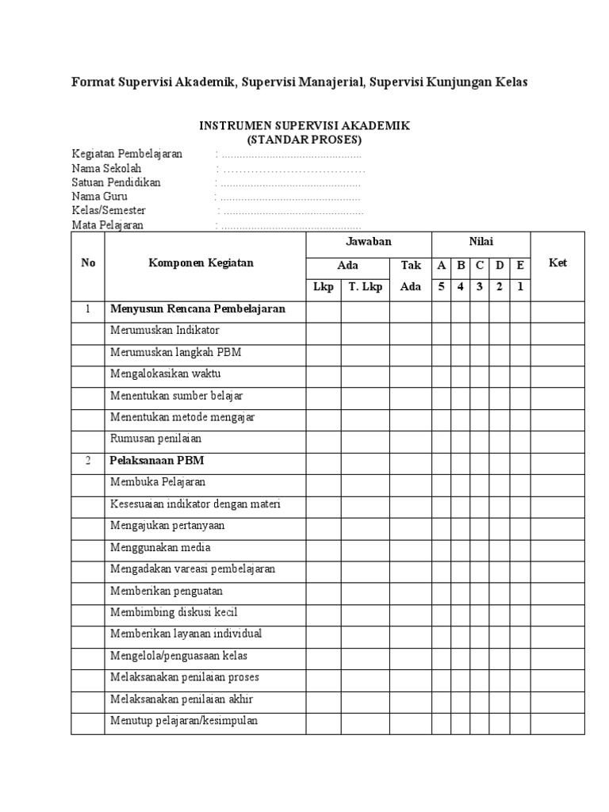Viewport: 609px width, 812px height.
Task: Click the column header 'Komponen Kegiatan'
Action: (x=201, y=263)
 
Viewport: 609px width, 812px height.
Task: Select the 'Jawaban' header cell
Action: (x=368, y=242)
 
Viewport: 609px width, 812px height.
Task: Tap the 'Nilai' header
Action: (x=480, y=242)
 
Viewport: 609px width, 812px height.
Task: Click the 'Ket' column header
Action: (x=557, y=263)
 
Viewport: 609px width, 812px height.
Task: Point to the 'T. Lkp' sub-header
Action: (x=365, y=287)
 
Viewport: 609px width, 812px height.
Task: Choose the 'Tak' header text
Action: (x=410, y=266)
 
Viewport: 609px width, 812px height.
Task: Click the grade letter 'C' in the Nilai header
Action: (x=479, y=266)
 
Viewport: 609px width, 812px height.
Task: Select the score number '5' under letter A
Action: (x=441, y=287)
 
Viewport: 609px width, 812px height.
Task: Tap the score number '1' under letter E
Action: (x=519, y=287)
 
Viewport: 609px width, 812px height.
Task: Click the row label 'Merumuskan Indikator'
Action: (x=165, y=330)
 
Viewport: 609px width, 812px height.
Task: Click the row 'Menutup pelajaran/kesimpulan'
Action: (x=184, y=721)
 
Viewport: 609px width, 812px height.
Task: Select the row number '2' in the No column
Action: (x=88, y=460)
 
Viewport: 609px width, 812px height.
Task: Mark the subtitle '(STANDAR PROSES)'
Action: (x=304, y=140)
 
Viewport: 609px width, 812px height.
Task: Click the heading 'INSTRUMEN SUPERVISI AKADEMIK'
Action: (x=304, y=127)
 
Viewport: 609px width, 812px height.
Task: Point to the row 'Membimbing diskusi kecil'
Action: (x=174, y=612)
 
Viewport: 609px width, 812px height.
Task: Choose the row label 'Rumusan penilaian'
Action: (x=155, y=438)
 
